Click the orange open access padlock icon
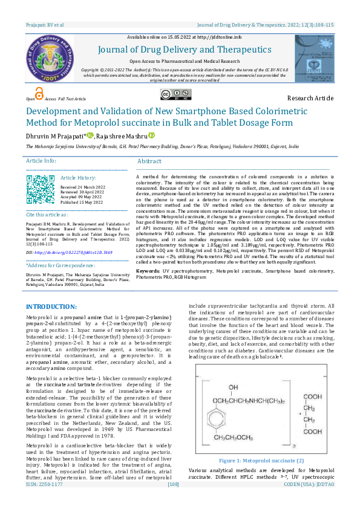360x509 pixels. (x=39, y=93)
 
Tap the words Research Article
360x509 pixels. (x=310, y=98)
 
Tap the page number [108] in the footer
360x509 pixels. (x=173, y=502)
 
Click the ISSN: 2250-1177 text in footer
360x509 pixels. (x=44, y=502)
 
